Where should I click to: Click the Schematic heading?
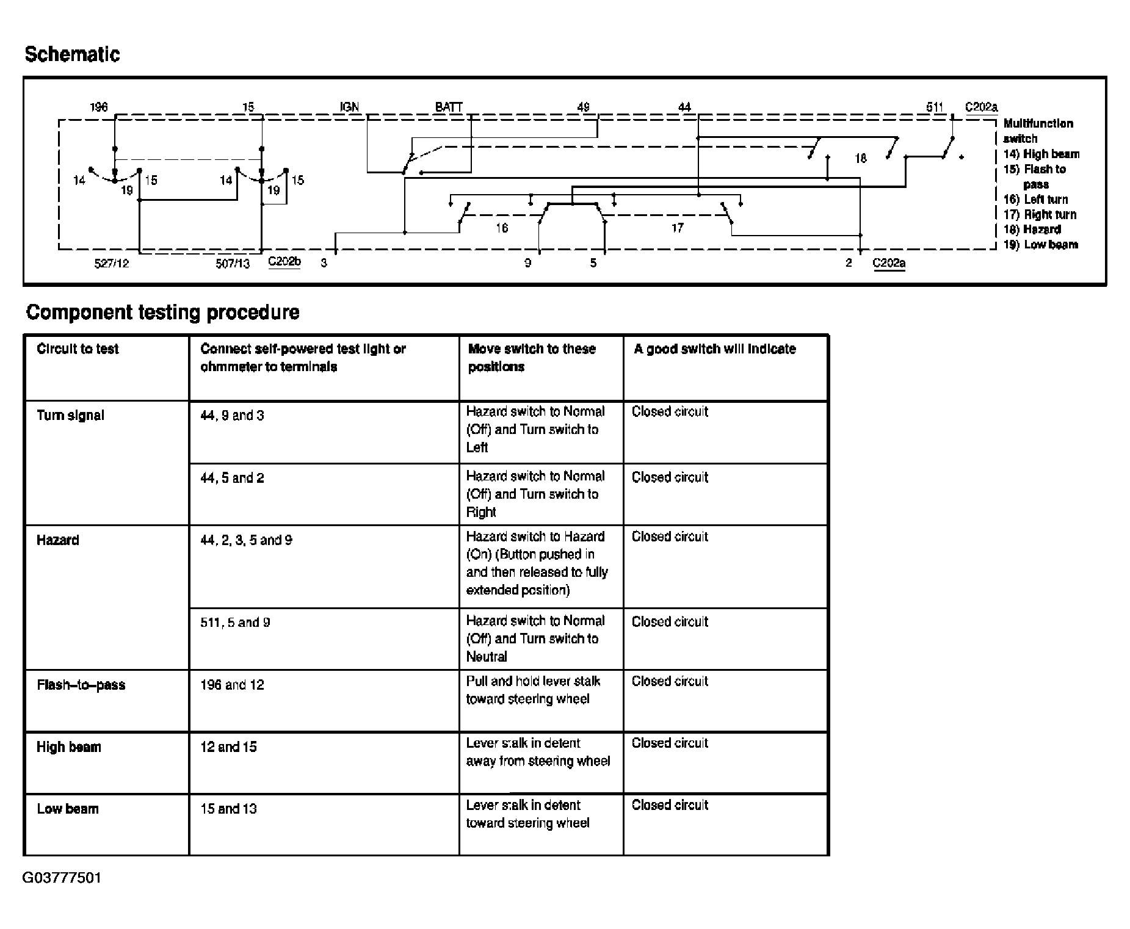[x=72, y=54]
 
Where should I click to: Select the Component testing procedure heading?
[x=163, y=313]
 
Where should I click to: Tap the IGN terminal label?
[x=349, y=107]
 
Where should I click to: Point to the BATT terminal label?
[x=449, y=107]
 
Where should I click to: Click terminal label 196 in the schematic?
[x=99, y=107]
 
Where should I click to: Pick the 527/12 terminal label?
[x=112, y=264]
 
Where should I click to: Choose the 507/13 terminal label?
[x=233, y=264]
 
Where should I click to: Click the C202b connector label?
[x=284, y=262]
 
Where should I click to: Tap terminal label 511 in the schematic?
[x=935, y=107]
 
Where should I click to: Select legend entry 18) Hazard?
[x=1032, y=230]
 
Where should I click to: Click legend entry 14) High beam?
[x=1041, y=154]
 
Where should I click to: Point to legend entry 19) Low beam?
[x=1041, y=245]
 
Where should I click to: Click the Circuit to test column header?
[x=78, y=349]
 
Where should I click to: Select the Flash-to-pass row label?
[x=81, y=685]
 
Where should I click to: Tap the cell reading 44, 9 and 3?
[x=232, y=416]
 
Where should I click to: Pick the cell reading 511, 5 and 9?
[x=235, y=623]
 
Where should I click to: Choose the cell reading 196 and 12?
[x=232, y=685]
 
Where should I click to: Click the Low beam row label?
[x=67, y=809]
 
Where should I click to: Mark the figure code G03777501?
[x=62, y=878]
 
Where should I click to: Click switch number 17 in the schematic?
[x=677, y=228]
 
